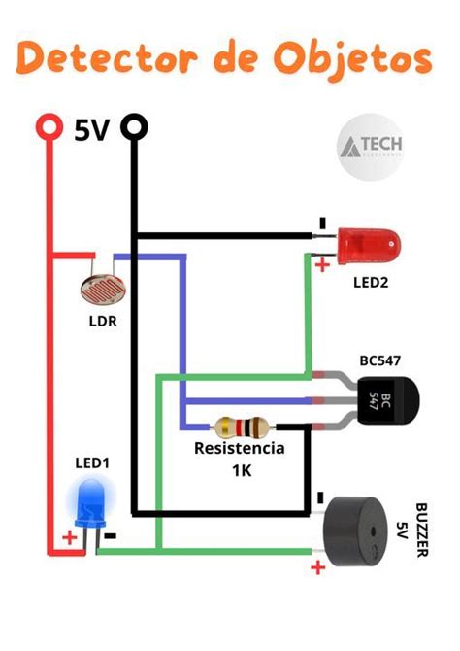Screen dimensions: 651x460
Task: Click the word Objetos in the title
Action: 357,59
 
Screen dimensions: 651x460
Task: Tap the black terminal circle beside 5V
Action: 135,127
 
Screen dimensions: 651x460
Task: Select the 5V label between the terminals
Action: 91,129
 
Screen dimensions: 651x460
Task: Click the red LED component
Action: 368,245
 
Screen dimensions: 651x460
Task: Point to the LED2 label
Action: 371,283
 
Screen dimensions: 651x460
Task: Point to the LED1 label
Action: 93,463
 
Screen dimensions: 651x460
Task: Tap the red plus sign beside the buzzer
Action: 316,568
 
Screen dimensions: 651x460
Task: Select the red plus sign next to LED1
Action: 69,536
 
